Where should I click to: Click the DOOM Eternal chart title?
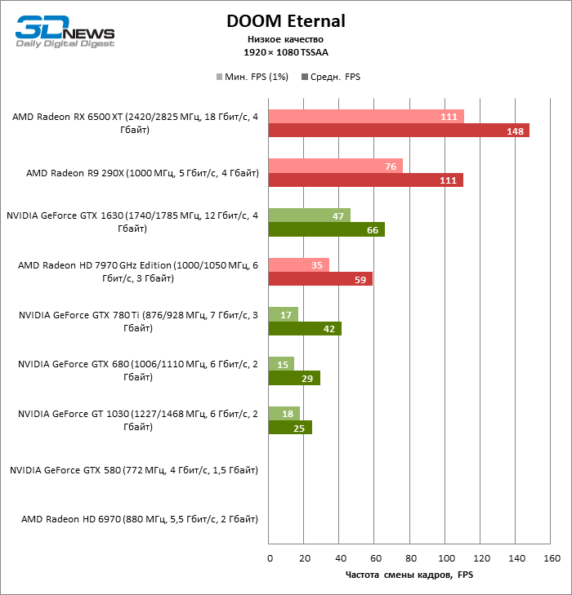click(285, 20)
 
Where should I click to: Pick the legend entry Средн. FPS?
click(331, 77)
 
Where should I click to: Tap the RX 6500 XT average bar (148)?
click(399, 131)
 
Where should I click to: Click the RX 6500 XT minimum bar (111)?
click(366, 117)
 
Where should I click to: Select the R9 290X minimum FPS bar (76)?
click(335, 166)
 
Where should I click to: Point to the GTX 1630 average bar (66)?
click(326, 229)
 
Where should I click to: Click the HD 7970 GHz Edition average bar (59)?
click(320, 279)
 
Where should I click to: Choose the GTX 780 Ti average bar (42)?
click(305, 328)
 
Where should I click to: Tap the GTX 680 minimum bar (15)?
click(281, 364)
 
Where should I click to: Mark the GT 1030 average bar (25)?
click(290, 427)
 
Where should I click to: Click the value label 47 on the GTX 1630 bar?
click(338, 215)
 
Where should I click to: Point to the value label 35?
click(318, 264)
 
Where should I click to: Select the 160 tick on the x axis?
click(552, 559)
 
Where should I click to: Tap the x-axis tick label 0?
click(270, 559)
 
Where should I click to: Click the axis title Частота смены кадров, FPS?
click(409, 575)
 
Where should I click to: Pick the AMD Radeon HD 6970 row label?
click(140, 519)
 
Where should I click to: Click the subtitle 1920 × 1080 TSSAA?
click(285, 52)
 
